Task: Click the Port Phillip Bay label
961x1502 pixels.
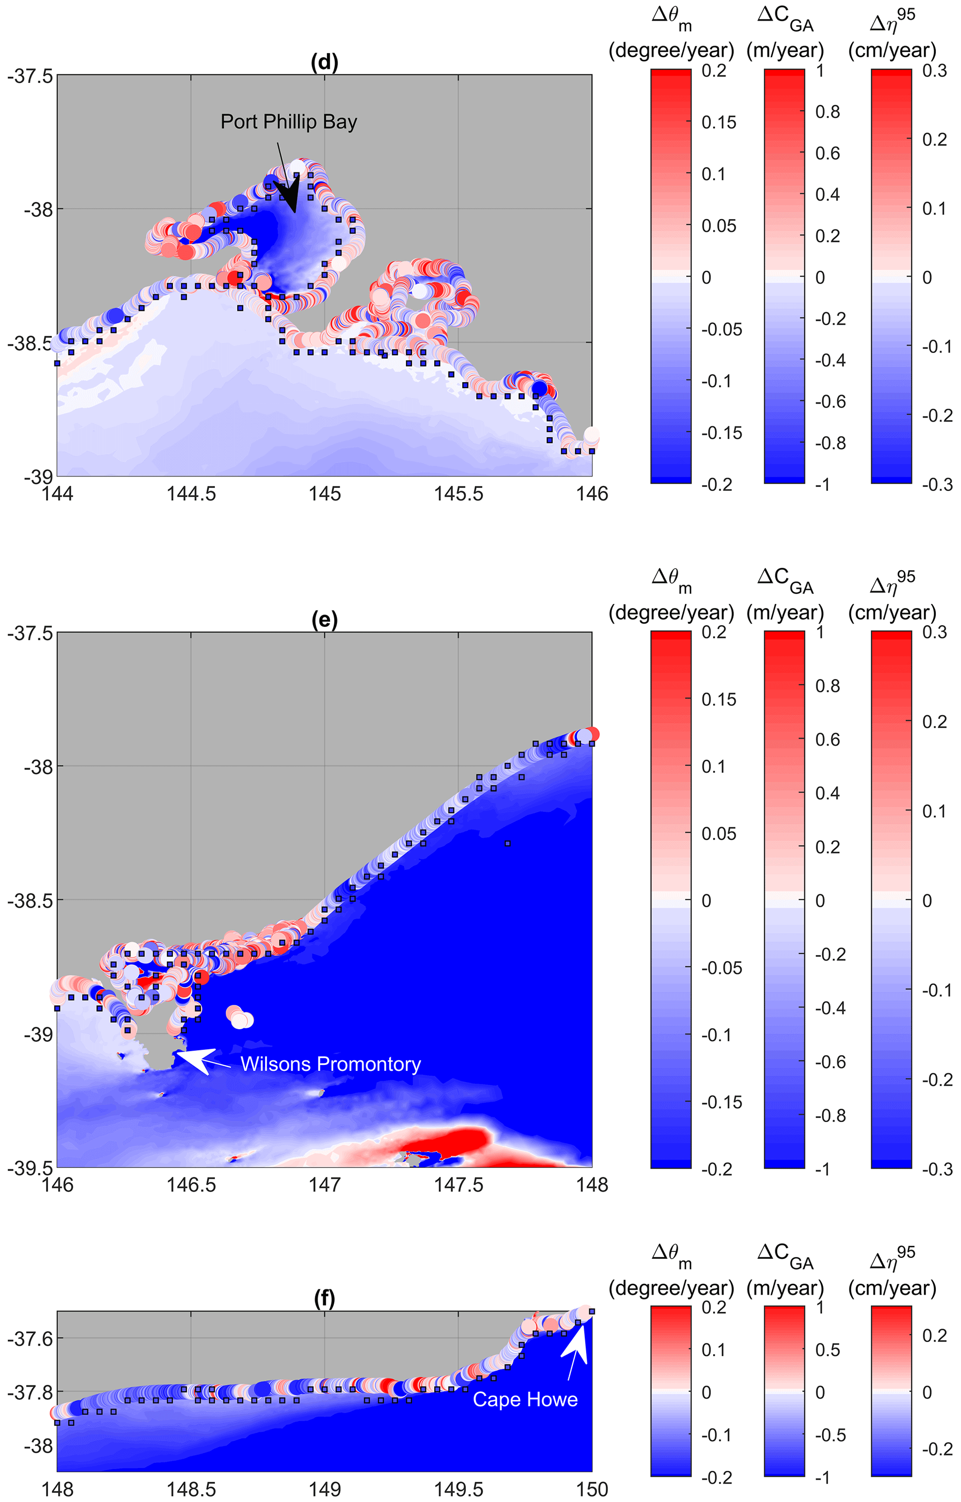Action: click(x=289, y=122)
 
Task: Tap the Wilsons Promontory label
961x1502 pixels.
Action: click(x=330, y=1064)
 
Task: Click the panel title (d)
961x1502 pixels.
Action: click(x=325, y=62)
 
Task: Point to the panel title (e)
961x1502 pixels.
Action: click(x=325, y=620)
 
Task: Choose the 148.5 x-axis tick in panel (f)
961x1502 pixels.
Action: click(x=191, y=1489)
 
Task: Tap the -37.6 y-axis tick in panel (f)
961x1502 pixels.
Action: click(x=30, y=1337)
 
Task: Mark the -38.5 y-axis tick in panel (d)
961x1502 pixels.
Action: click(x=30, y=343)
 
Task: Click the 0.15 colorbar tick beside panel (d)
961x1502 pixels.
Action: click(x=718, y=122)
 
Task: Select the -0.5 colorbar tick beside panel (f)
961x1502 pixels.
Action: click(x=830, y=1435)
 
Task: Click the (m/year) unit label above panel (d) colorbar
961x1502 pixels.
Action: click(x=785, y=50)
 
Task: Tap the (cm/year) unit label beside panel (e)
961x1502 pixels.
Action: click(x=892, y=612)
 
